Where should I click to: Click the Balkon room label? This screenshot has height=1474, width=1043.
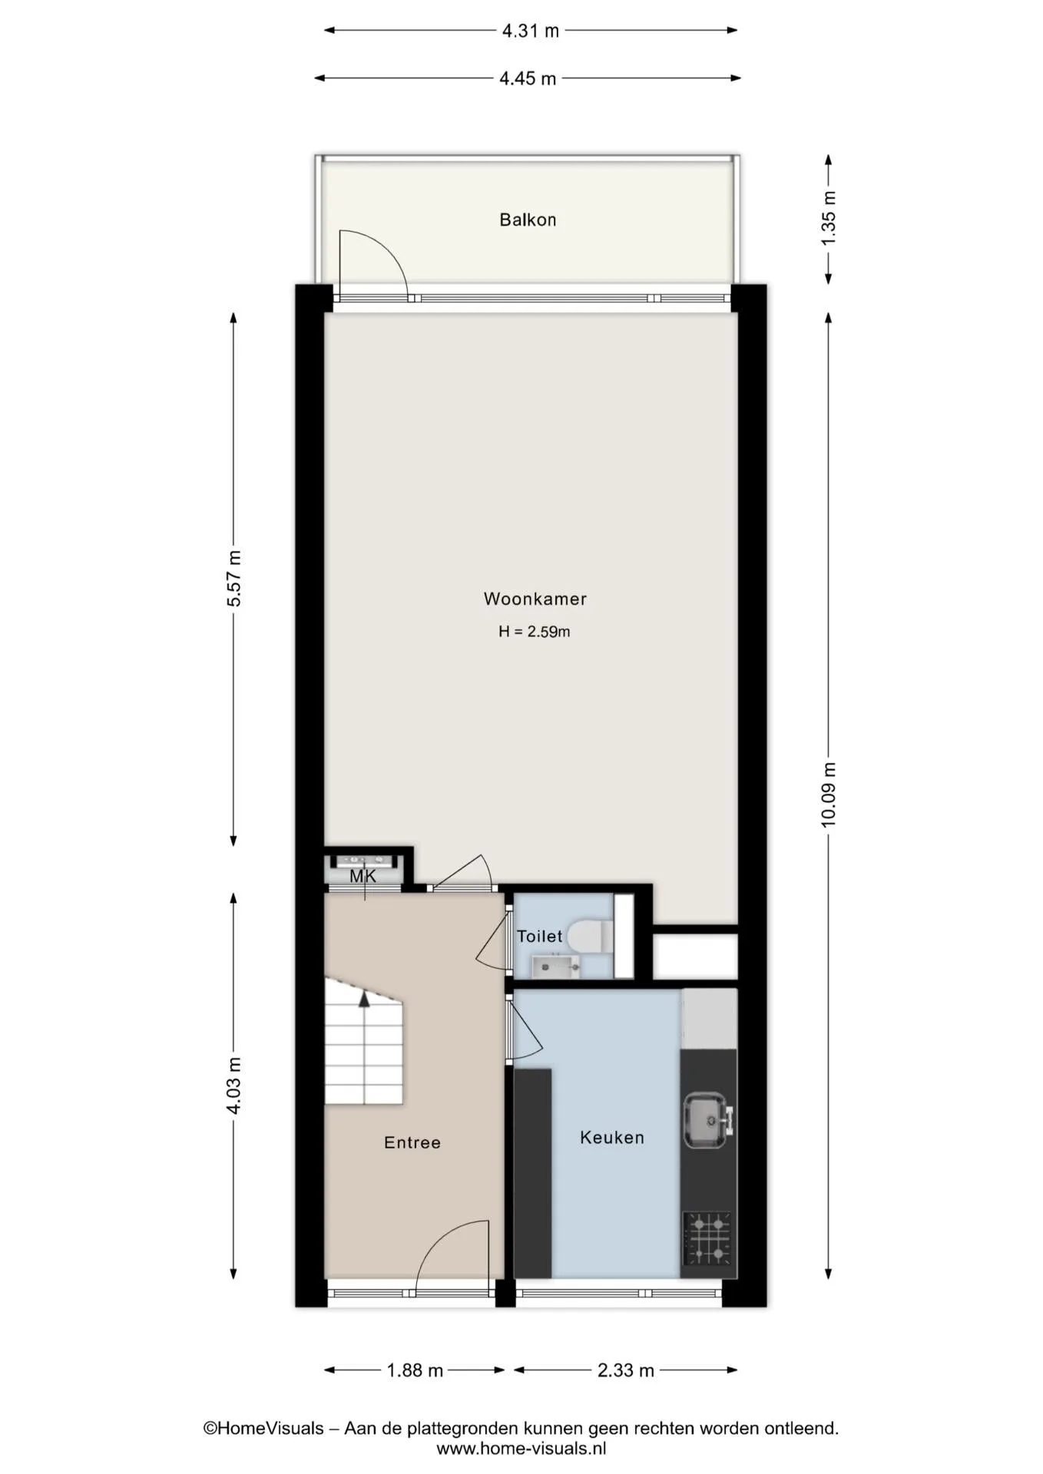click(x=528, y=220)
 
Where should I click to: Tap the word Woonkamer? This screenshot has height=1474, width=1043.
click(x=535, y=599)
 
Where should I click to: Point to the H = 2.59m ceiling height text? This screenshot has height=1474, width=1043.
click(x=535, y=632)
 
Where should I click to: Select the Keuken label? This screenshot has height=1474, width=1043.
click(x=612, y=1137)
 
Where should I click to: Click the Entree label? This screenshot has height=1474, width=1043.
click(x=412, y=1142)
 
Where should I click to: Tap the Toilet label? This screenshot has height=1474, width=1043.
click(x=540, y=936)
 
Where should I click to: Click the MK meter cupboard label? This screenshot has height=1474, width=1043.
click(x=363, y=876)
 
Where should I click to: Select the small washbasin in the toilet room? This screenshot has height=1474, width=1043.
click(x=555, y=966)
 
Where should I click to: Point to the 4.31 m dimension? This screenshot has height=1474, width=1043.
click(x=531, y=31)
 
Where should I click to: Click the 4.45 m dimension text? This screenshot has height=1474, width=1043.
click(x=528, y=78)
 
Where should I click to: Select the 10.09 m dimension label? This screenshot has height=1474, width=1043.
click(x=828, y=795)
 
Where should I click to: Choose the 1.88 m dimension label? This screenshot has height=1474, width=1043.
click(x=415, y=1370)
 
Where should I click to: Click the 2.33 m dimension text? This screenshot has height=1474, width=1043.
click(x=626, y=1370)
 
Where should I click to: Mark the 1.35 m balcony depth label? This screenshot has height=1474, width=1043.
click(x=828, y=219)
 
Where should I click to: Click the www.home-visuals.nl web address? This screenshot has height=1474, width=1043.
click(x=521, y=1449)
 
